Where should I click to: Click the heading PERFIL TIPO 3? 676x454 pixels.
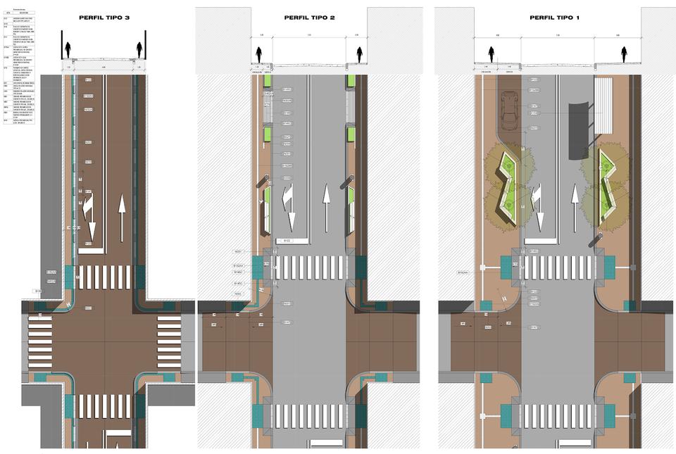pos(105,18)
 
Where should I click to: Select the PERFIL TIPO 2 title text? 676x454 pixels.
pos(310,18)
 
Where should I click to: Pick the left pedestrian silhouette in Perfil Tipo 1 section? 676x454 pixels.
pos(492,53)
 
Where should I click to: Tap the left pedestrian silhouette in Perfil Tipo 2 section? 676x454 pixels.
pos(260,54)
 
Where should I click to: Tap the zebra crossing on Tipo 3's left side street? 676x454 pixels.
pos(39,343)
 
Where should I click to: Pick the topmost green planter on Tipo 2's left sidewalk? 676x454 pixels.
pos(268,82)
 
